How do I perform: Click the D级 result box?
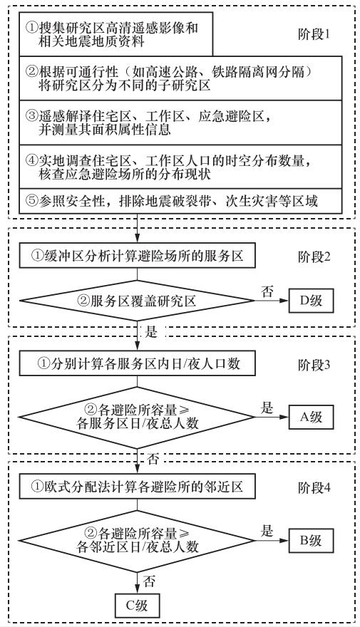click(311, 301)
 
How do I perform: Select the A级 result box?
click(311, 417)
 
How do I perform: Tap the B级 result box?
click(311, 541)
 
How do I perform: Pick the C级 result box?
click(137, 606)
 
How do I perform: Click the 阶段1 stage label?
click(314, 34)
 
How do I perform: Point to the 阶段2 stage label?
click(314, 256)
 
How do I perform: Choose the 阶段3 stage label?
click(314, 365)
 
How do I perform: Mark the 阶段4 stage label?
click(314, 488)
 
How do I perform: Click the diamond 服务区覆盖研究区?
click(137, 301)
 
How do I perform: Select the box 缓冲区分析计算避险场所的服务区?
click(137, 256)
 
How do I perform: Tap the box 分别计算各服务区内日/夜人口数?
click(137, 364)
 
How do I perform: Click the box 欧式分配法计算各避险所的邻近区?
click(137, 487)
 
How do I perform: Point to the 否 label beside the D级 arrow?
click(267, 291)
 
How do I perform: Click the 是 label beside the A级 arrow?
click(267, 408)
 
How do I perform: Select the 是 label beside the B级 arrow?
click(267, 532)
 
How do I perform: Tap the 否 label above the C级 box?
click(149, 581)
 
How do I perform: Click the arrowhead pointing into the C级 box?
click(137, 589)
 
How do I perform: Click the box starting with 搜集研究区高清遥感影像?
click(116, 33)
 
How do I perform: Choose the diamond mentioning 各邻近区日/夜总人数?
click(137, 541)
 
